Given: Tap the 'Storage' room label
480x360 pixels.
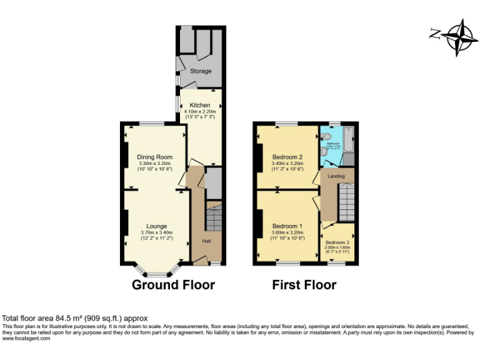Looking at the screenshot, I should pyautogui.click(x=201, y=71).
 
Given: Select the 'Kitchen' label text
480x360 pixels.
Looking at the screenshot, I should pyautogui.click(x=200, y=105).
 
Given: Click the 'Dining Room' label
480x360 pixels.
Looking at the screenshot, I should pyautogui.click(x=154, y=157).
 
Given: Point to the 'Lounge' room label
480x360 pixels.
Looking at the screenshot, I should pyautogui.click(x=156, y=226).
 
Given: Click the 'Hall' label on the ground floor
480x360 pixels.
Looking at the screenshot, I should pyautogui.click(x=206, y=241).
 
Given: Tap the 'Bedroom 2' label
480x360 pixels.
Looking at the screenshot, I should pyautogui.click(x=287, y=157).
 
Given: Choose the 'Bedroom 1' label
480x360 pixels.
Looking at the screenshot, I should pyautogui.click(x=287, y=226).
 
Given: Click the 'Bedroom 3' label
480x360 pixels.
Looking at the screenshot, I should pyautogui.click(x=337, y=242).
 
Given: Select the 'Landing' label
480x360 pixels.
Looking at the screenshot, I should pyautogui.click(x=336, y=176).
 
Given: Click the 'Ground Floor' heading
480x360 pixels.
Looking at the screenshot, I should pyautogui.click(x=173, y=285).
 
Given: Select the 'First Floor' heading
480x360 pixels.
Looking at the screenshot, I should pyautogui.click(x=304, y=285).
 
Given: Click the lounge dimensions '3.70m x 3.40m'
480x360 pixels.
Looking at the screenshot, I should pyautogui.click(x=156, y=232).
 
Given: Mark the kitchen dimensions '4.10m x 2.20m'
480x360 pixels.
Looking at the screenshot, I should pyautogui.click(x=200, y=111).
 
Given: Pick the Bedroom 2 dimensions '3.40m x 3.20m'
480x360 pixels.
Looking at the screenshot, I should pyautogui.click(x=287, y=163).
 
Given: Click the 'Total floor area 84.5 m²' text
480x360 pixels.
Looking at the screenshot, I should pyautogui.click(x=75, y=318).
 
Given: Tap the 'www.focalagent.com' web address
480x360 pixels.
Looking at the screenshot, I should pyautogui.click(x=26, y=339).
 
